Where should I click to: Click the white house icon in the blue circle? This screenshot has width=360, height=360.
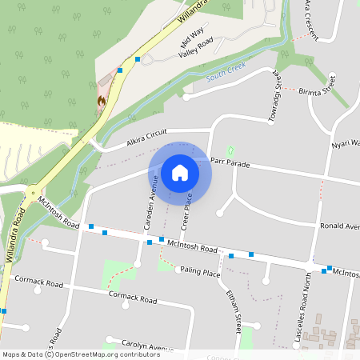pyautogui.click(x=180, y=172)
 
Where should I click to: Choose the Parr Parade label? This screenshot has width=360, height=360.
pyautogui.click(x=230, y=162)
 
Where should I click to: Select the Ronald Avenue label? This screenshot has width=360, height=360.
pyautogui.click(x=340, y=226)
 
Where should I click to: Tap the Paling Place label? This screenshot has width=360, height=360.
pyautogui.click(x=200, y=274)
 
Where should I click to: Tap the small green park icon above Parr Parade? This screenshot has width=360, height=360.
pyautogui.click(x=231, y=150)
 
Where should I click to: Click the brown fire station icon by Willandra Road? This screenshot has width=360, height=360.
pyautogui.click(x=102, y=101)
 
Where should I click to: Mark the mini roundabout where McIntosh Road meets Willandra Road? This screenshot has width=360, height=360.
pyautogui.click(x=32, y=192)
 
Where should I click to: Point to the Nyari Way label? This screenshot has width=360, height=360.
pyautogui.click(x=345, y=144)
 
